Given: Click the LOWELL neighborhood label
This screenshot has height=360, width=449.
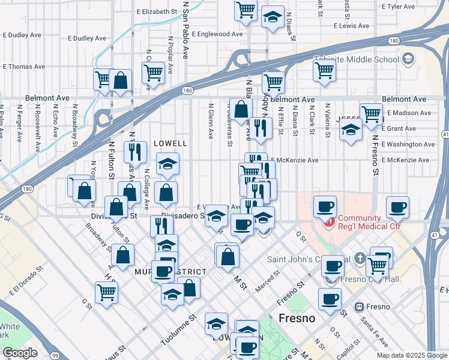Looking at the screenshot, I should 170,144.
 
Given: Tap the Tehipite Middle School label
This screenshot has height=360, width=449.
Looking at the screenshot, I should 357,59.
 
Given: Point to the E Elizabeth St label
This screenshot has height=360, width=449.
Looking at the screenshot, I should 157,11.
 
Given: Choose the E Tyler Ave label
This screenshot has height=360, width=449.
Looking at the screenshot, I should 398,7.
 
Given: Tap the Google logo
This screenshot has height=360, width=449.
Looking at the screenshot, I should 20,353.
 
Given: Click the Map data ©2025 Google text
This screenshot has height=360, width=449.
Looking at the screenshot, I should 411,355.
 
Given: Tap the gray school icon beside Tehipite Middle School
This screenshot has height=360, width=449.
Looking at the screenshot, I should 408,59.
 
